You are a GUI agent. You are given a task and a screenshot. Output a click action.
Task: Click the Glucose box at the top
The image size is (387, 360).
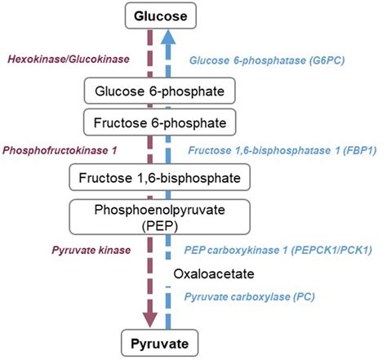(x=167, y=15)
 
